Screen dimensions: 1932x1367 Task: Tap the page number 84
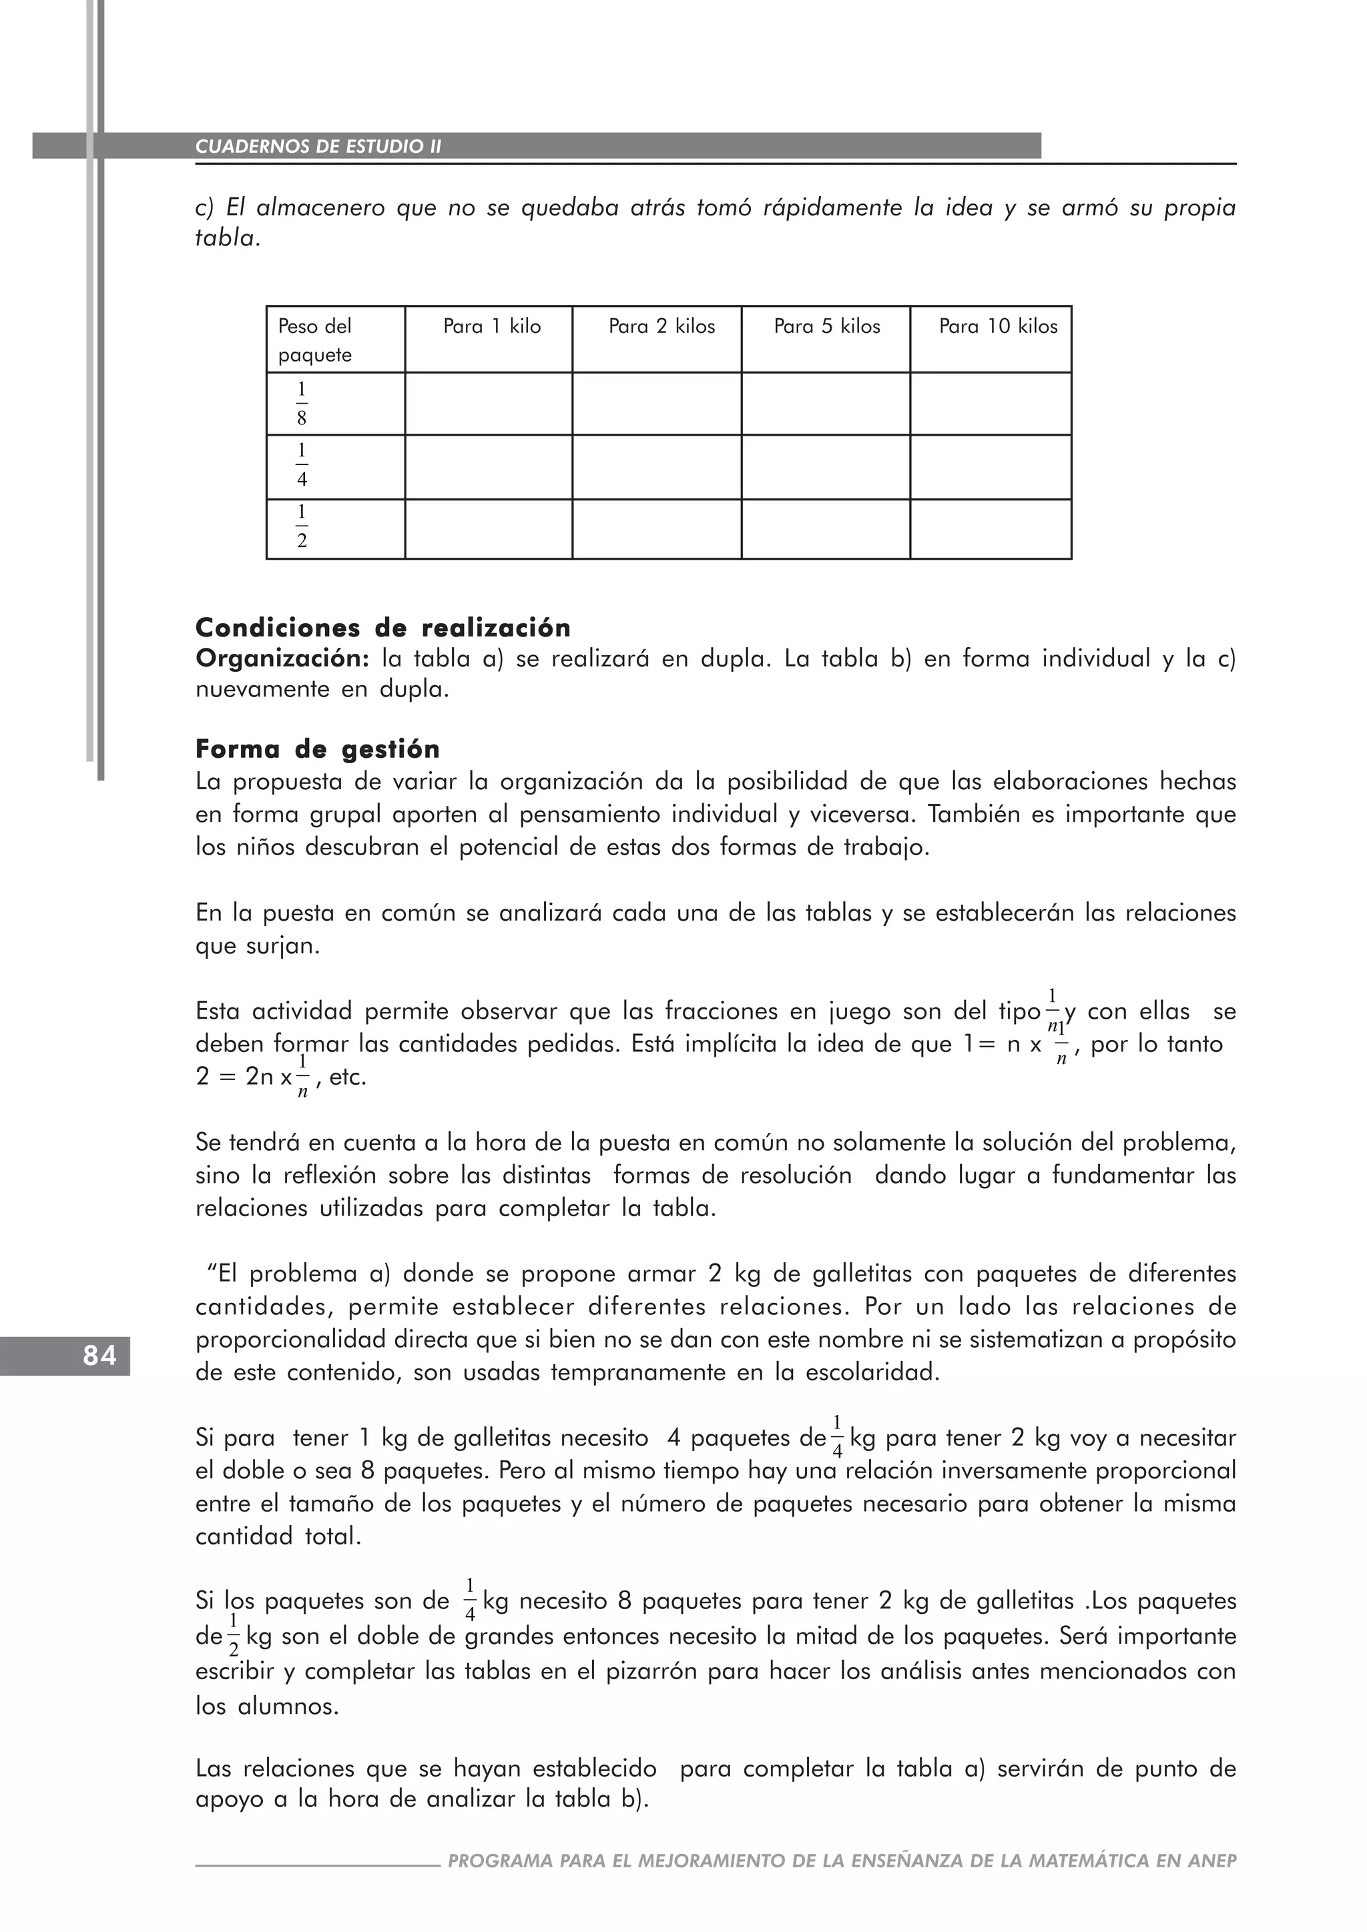99,1356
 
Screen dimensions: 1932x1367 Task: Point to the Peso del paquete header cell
315,340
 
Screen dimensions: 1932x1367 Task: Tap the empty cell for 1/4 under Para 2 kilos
657,467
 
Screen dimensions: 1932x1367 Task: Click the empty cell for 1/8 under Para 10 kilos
990,404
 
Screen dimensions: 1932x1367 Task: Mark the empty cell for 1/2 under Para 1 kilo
488,528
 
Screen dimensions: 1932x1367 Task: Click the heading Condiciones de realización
383,628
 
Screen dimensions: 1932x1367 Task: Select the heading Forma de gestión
317,749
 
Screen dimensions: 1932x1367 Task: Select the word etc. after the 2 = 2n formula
348,1078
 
